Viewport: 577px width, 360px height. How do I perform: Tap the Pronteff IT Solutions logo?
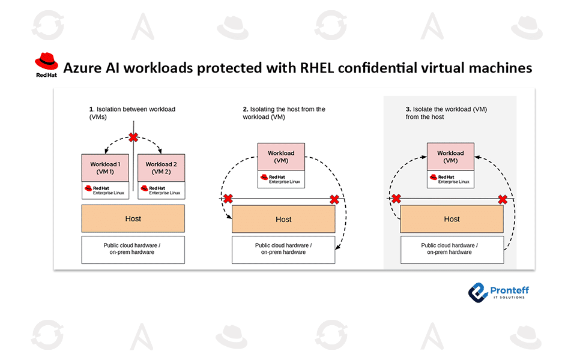coord(498,292)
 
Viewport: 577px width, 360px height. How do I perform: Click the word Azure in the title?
coord(82,68)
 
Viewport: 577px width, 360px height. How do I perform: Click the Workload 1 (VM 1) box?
coord(106,168)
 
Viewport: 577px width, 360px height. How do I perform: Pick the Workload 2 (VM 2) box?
coord(161,168)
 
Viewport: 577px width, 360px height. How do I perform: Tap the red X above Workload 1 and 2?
coord(133,137)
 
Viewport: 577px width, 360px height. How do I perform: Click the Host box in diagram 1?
coord(133,219)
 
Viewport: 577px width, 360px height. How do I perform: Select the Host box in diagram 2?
coord(283,220)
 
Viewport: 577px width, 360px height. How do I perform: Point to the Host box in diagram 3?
coord(452,220)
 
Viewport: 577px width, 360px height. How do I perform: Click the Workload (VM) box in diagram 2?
coord(281,157)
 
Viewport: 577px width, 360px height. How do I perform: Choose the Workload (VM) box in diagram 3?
coord(450,157)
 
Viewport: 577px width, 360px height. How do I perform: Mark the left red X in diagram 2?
coord(228,199)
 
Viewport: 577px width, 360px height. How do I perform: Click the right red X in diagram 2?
coord(334,199)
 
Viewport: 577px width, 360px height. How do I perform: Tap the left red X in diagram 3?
coord(396,199)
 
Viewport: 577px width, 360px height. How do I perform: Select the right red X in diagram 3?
coord(503,199)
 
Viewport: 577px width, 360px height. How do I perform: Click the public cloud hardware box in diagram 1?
coord(133,249)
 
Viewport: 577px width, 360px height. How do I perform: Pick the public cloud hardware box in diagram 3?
coord(452,249)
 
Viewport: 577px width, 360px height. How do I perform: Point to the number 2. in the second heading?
coord(246,109)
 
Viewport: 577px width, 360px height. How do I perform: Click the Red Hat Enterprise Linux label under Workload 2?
coord(161,190)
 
